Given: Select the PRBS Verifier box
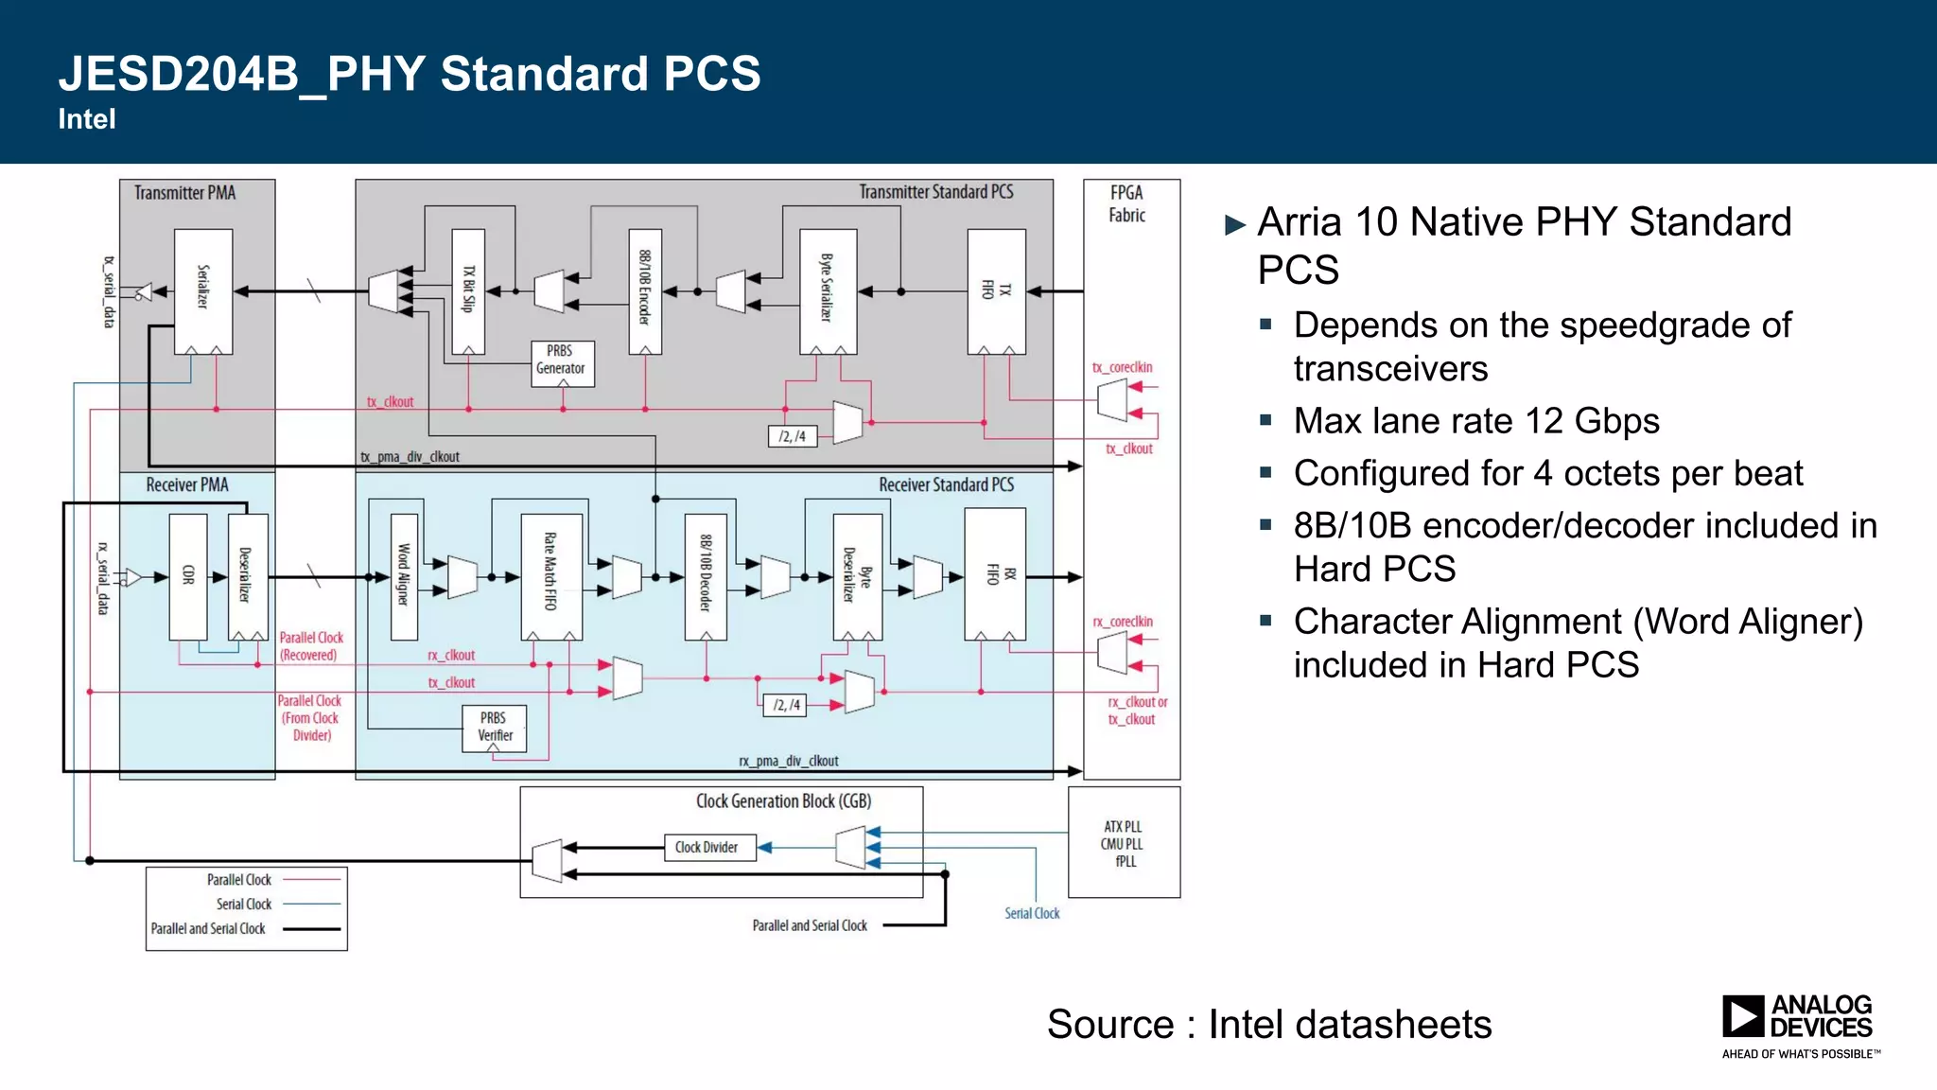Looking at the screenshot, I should [494, 728].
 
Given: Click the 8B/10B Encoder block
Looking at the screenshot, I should [645, 290].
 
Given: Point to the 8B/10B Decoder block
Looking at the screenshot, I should [706, 576].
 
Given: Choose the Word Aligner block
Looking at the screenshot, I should [404, 576].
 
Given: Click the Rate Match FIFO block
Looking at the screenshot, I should [550, 576].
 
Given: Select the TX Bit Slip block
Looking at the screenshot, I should [468, 290].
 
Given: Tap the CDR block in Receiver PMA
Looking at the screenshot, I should [187, 576].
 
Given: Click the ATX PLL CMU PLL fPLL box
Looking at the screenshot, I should [1123, 843].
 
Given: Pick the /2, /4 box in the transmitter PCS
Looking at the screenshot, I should [793, 436].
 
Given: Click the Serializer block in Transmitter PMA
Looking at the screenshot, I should [202, 290].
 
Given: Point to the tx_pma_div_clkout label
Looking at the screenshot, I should [410, 457].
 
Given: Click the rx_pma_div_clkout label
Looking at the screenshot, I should [788, 761].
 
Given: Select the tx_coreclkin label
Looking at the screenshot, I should [1122, 367].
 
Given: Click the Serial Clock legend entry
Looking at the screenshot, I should [244, 905].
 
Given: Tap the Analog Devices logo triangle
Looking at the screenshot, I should [1741, 1016].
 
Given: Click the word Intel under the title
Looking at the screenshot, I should [87, 119].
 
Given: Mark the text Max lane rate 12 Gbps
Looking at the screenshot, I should [1475, 421].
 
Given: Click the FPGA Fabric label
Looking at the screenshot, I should [1126, 203].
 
